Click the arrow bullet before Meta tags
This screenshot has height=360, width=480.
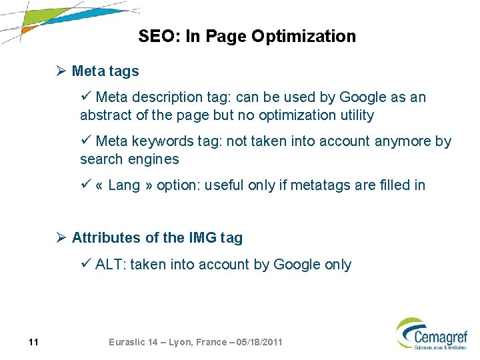62,71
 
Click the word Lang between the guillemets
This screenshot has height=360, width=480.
124,185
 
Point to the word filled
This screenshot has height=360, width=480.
393,185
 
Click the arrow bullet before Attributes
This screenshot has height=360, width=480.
62,238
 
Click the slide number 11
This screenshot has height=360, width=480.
33,343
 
